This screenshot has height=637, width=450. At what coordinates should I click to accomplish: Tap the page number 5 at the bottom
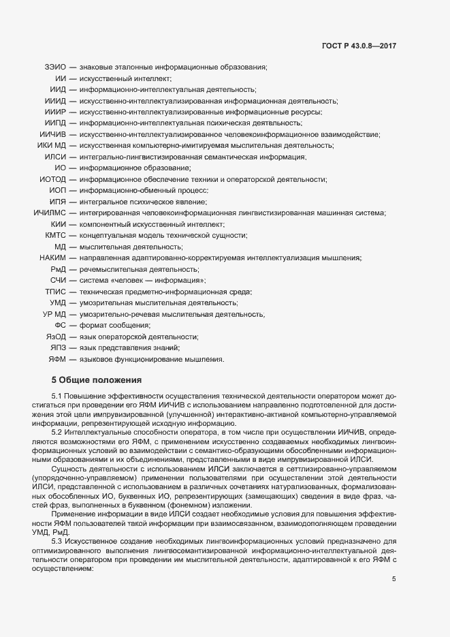tap(393, 579)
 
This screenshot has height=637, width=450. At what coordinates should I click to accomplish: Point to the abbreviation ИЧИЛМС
tap(49, 213)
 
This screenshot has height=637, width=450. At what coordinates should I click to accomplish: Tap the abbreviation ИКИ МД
tap(52, 146)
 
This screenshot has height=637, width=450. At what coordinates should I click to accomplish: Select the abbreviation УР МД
tap(54, 314)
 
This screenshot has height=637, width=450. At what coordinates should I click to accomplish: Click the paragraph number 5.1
tap(57, 397)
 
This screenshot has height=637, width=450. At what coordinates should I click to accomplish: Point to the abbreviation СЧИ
tap(58, 280)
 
